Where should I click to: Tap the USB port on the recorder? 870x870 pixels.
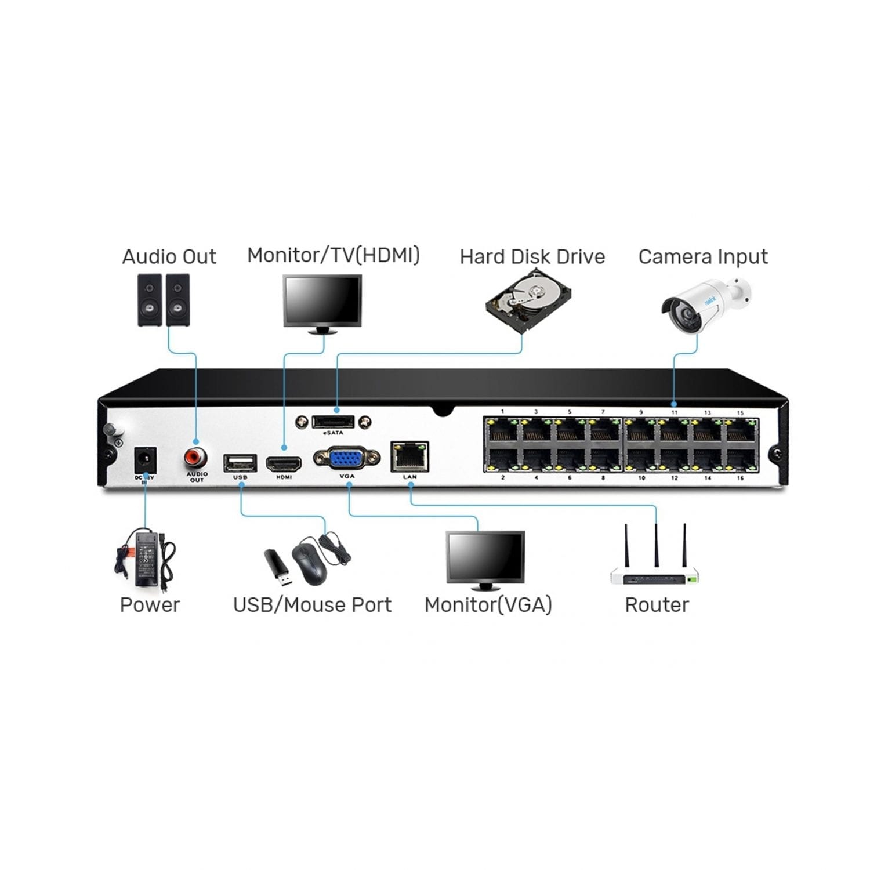(x=240, y=463)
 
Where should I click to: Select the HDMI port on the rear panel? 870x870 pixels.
(x=284, y=464)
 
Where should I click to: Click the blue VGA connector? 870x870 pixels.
(x=347, y=459)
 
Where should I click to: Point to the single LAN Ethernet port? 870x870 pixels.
(x=409, y=456)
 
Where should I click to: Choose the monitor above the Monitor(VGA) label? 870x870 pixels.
(x=485, y=556)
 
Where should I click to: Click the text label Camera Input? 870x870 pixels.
(x=703, y=256)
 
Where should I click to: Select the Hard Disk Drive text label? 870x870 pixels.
(x=532, y=256)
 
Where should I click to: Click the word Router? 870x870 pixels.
(x=657, y=605)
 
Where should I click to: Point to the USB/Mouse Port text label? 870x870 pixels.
(x=312, y=605)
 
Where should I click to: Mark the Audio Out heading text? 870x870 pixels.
(x=169, y=256)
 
